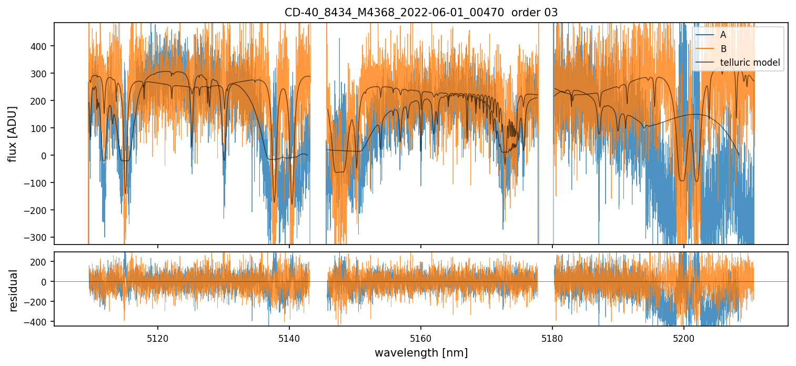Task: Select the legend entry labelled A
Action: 723,35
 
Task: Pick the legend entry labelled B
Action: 723,49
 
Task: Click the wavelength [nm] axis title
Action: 421,352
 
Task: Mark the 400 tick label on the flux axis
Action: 41,46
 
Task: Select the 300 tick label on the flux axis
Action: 41,74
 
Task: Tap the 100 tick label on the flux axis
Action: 41,128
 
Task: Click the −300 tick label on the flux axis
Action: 39,237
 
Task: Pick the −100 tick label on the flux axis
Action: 39,183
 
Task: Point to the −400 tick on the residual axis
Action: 39,321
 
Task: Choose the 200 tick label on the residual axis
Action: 41,261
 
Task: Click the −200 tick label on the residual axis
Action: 39,301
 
